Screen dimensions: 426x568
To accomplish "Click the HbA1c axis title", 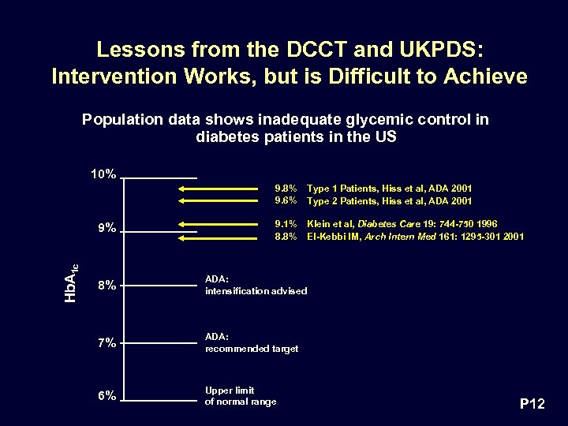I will (70, 282).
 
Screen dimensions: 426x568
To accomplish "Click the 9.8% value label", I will (286, 189).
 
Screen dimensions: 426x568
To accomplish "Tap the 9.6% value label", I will (286, 201).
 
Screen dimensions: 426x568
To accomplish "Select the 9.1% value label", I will (286, 223).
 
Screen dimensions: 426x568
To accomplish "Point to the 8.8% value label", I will (286, 236).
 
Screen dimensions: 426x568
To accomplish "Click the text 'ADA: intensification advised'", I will (256, 286).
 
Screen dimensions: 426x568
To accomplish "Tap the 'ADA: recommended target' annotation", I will (251, 342).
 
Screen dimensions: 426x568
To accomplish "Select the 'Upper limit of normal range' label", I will (241, 396).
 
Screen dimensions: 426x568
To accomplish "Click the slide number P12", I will (532, 405).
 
